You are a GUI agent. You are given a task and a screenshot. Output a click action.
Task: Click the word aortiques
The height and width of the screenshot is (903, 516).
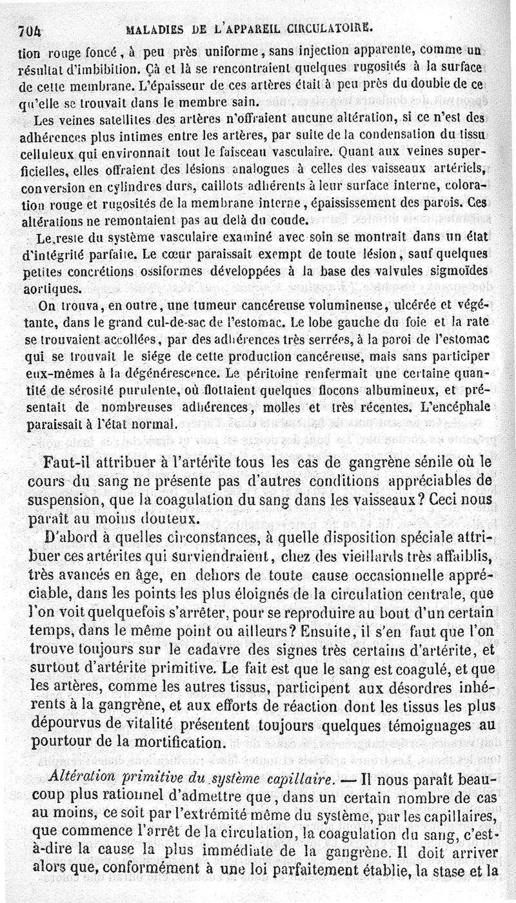point(46,287)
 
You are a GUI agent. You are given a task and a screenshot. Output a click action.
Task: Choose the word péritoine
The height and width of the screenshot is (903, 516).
point(278,373)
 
